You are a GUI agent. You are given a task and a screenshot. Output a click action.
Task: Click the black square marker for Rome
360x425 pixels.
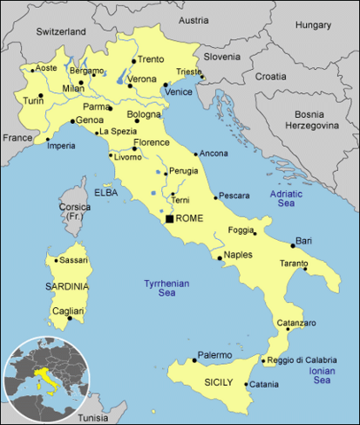[169, 218]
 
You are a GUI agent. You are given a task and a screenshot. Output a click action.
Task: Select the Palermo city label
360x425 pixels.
[215, 354]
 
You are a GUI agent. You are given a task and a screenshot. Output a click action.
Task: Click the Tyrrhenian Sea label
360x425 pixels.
[167, 289]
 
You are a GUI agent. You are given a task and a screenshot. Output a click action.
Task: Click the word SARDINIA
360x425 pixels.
[68, 287]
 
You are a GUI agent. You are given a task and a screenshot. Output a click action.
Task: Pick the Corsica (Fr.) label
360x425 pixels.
[75, 212]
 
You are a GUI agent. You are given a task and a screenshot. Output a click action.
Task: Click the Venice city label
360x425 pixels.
[180, 92]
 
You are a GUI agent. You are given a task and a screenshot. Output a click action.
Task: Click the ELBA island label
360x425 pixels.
[106, 191]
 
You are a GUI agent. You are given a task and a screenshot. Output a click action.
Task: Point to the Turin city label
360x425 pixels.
[33, 100]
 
